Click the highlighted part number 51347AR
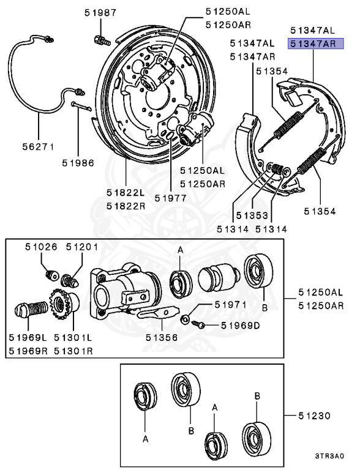(x=312, y=43)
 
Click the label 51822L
(x=126, y=193)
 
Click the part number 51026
(x=41, y=247)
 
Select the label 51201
(x=81, y=247)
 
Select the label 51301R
(x=73, y=351)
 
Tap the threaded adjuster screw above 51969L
(x=29, y=308)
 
